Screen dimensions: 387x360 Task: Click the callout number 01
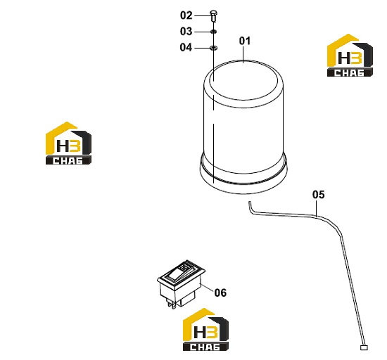(x=245, y=41)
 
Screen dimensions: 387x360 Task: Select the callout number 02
(x=186, y=15)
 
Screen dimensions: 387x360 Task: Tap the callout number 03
(x=186, y=32)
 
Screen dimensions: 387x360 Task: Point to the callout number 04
(x=186, y=47)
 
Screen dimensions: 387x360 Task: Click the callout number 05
(x=318, y=195)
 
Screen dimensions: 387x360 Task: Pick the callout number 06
(x=220, y=292)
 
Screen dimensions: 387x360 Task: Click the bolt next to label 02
(x=213, y=15)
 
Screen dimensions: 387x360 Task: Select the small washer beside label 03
(x=213, y=32)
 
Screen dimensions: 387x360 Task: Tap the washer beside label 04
(x=213, y=48)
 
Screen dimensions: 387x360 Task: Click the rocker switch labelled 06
(x=181, y=283)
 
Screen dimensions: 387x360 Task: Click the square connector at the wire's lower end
(x=364, y=347)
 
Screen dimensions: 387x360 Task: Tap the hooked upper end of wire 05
(x=250, y=207)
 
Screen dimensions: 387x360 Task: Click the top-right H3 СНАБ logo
(x=350, y=56)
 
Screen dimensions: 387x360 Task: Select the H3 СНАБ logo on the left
(x=69, y=143)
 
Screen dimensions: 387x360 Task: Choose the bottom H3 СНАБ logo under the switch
(x=205, y=330)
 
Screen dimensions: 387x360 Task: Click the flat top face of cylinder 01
(x=243, y=80)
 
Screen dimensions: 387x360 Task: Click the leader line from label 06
(x=207, y=288)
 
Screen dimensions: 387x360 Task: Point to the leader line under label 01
(x=243, y=54)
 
